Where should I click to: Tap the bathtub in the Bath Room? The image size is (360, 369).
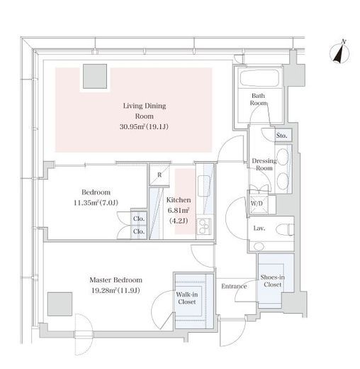pyautogui.click(x=260, y=78)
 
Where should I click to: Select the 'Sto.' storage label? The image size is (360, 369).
pyautogui.click(x=282, y=136)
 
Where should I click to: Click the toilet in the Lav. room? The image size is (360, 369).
pyautogui.click(x=285, y=229)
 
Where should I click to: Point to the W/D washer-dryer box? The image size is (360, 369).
pyautogui.click(x=259, y=204)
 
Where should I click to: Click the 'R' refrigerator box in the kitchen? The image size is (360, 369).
pyautogui.click(x=159, y=175)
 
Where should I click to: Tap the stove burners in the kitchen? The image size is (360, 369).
pyautogui.click(x=203, y=226)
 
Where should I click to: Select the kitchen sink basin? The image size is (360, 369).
pyautogui.click(x=203, y=186)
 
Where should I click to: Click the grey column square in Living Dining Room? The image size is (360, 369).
pyautogui.click(x=95, y=76)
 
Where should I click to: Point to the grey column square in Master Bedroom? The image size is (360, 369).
pyautogui.click(x=60, y=304)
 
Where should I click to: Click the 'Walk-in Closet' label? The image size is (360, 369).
pyautogui.click(x=187, y=298)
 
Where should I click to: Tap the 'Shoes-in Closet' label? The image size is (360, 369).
pyautogui.click(x=272, y=281)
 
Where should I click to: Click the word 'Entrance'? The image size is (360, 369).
pyautogui.click(x=234, y=286)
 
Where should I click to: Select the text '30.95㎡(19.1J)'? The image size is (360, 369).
pyautogui.click(x=144, y=127)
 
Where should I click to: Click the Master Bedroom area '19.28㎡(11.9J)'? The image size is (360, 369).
pyautogui.click(x=116, y=290)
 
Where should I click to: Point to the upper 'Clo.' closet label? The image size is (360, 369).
pyautogui.click(x=139, y=219)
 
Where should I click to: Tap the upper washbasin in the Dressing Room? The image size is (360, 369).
pyautogui.click(x=283, y=157)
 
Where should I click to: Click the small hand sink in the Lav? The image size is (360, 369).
pyautogui.click(x=259, y=247)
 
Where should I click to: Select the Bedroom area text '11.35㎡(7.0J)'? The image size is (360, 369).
pyautogui.click(x=96, y=203)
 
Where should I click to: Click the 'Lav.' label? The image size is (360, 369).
pyautogui.click(x=259, y=228)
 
